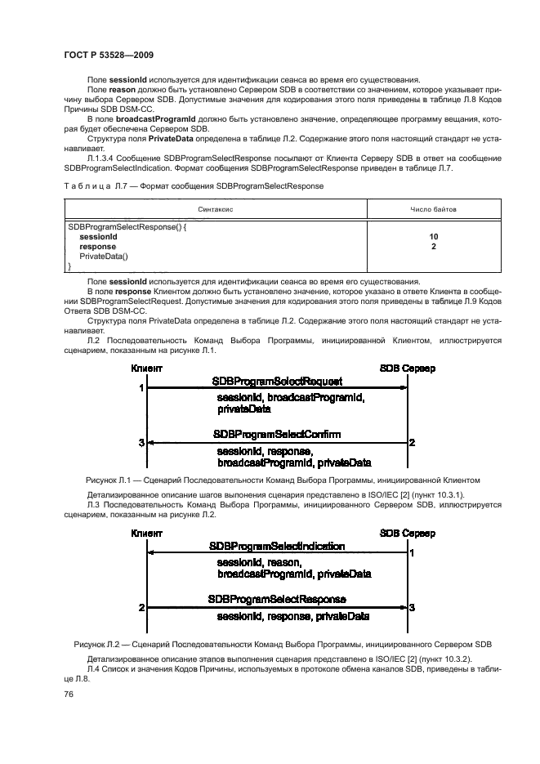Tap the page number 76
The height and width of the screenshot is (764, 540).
69,694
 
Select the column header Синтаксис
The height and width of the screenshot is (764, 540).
216,209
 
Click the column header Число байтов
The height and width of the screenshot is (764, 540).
433,209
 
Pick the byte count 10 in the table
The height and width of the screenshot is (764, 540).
434,236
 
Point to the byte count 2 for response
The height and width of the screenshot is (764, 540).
434,246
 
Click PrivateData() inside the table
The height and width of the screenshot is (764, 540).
104,256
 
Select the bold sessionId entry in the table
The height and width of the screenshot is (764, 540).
98,236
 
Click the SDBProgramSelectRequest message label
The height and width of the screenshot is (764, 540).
277,382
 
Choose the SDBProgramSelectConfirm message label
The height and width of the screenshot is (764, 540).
277,434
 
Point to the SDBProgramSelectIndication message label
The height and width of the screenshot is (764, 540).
277,546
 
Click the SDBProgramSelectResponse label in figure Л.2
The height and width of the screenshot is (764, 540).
277,599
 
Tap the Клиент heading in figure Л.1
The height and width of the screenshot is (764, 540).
147,369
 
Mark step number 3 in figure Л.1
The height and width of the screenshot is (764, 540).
141,443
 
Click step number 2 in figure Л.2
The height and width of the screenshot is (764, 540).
141,608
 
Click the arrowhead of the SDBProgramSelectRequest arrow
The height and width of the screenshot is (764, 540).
403,388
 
